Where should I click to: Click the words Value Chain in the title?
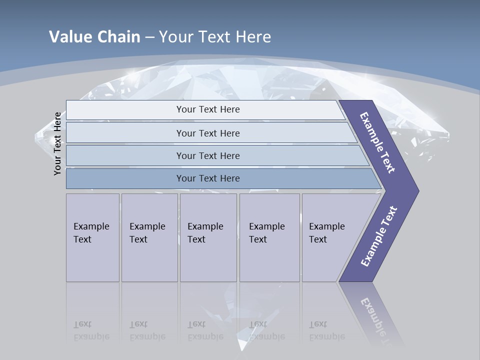94,36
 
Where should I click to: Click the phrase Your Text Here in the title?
215,36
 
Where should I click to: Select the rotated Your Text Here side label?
57,143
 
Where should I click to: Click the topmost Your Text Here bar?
207,109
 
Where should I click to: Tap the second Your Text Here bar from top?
207,133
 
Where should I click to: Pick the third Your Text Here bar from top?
207,155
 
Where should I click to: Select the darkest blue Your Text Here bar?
207,178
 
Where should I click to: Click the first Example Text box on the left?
92,237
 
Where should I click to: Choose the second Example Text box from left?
149,237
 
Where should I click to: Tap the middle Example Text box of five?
208,237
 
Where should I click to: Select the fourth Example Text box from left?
269,237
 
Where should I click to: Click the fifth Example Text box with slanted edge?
330,237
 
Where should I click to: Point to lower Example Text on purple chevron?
379,236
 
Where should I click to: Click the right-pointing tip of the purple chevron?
418,190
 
